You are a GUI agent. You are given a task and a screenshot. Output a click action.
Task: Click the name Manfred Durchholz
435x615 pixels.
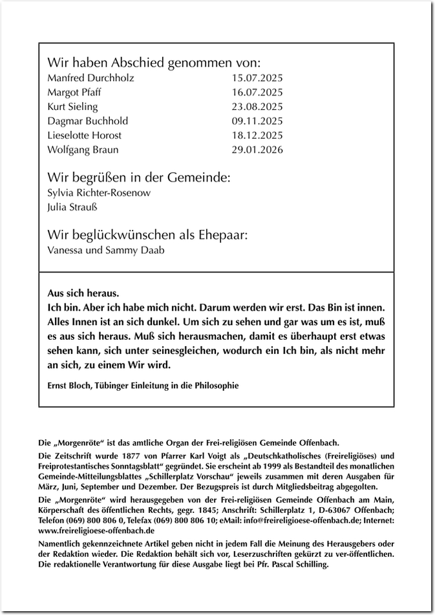click(x=90, y=78)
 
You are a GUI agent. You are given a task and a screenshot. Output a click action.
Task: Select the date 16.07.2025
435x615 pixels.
click(x=257, y=92)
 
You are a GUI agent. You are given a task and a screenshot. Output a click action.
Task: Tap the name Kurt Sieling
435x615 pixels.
click(x=72, y=107)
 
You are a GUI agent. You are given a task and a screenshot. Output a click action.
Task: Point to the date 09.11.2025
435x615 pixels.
click(x=257, y=121)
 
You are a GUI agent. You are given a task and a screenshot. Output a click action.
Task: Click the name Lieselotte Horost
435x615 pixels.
click(x=84, y=135)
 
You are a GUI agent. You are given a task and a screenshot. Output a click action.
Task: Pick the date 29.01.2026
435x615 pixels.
click(x=257, y=149)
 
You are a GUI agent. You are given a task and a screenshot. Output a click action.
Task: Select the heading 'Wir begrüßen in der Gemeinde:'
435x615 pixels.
click(x=138, y=178)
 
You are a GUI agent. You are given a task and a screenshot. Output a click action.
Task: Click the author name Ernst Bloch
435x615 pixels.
click(x=70, y=386)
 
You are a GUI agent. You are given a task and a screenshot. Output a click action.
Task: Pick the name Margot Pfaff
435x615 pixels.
click(x=74, y=92)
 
